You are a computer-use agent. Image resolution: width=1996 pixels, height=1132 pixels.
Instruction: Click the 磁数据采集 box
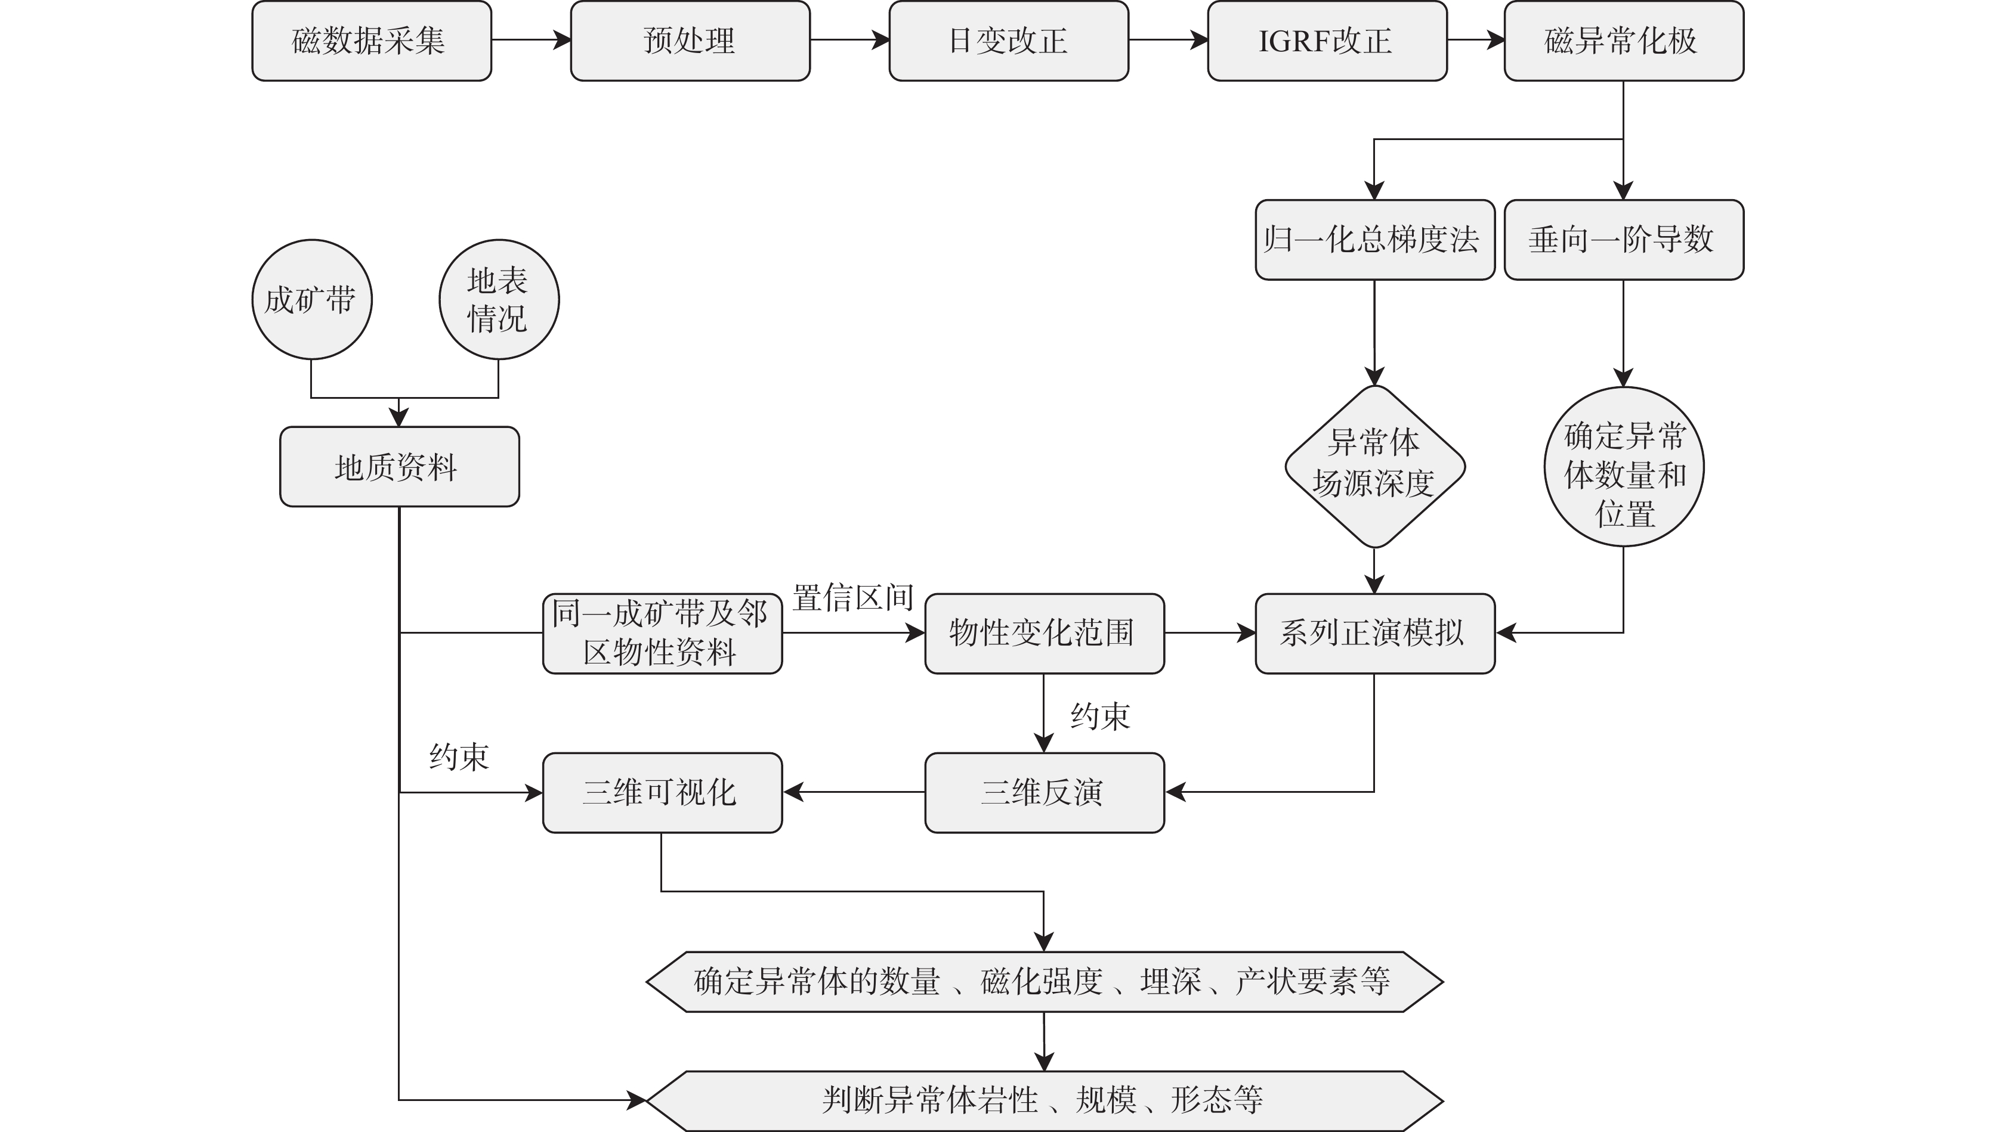click(x=371, y=41)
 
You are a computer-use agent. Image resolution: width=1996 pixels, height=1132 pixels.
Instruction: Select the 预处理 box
click(x=690, y=41)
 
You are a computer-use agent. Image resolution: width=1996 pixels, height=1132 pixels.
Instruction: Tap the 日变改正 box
click(x=1008, y=41)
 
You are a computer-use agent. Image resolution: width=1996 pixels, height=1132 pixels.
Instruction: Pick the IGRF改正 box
click(x=1326, y=41)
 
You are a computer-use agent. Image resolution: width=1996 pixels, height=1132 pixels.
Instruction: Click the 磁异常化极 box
click(x=1623, y=41)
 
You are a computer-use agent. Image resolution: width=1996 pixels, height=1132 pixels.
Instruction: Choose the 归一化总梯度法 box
click(x=1374, y=240)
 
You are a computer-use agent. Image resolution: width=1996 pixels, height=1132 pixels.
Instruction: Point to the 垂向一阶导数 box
click(x=1623, y=240)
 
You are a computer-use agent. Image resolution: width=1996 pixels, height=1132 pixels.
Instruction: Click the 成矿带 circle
click(x=312, y=299)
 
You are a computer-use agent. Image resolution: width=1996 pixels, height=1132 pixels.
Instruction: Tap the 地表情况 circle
click(x=499, y=299)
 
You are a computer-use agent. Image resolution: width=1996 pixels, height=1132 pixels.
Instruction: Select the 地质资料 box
click(x=399, y=467)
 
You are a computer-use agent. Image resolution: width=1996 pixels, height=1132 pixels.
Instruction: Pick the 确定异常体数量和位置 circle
click(x=1623, y=467)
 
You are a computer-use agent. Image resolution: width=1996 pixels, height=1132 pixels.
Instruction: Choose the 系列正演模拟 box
click(x=1374, y=633)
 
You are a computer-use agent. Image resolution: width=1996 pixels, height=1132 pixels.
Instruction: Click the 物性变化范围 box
click(x=1044, y=633)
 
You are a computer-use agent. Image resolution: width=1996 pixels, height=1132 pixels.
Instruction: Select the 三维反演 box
click(x=1044, y=792)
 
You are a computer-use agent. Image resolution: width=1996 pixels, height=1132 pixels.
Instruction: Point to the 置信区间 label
click(x=853, y=598)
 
